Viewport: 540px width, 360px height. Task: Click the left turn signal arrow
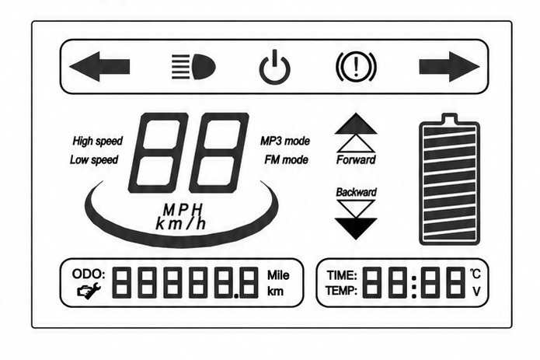tap(99, 67)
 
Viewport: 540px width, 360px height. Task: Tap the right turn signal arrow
tap(449, 67)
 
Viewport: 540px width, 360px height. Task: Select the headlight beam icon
tap(193, 67)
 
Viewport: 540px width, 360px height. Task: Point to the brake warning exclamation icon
tap(356, 67)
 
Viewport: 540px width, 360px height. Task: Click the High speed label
tap(97, 142)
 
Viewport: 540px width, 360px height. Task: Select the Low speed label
tap(94, 160)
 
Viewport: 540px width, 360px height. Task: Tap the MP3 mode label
tap(285, 141)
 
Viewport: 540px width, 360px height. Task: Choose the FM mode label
tap(287, 160)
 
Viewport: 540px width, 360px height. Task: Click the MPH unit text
tap(183, 210)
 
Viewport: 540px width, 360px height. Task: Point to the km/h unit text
tap(181, 224)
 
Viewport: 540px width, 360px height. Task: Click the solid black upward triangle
tap(356, 124)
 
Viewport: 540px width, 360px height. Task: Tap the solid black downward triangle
tap(356, 229)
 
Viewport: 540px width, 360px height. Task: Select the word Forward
tap(356, 160)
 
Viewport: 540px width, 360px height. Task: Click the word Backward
tap(356, 192)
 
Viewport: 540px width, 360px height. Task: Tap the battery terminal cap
tap(449, 118)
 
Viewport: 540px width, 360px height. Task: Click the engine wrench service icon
tap(89, 290)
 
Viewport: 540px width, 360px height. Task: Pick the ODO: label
tap(89, 274)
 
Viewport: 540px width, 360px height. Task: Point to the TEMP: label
tap(341, 291)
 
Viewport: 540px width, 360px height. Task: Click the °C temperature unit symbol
tap(476, 274)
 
